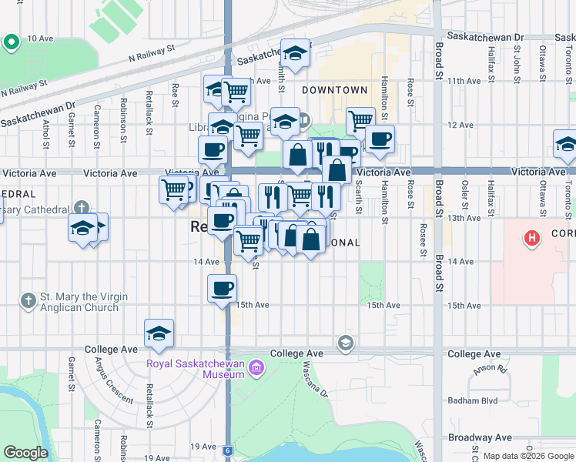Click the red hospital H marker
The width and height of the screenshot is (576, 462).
(x=531, y=239)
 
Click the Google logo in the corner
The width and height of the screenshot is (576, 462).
(x=25, y=453)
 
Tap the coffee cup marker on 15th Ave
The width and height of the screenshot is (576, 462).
(x=222, y=289)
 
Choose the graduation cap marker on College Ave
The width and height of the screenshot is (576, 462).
(x=159, y=333)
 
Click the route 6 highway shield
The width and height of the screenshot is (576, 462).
(x=228, y=450)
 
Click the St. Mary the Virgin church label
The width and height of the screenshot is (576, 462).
(x=79, y=302)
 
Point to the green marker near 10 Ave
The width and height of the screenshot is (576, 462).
(x=12, y=43)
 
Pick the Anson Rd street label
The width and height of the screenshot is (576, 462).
(x=487, y=369)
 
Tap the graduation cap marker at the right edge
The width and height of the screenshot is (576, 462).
(x=566, y=144)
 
